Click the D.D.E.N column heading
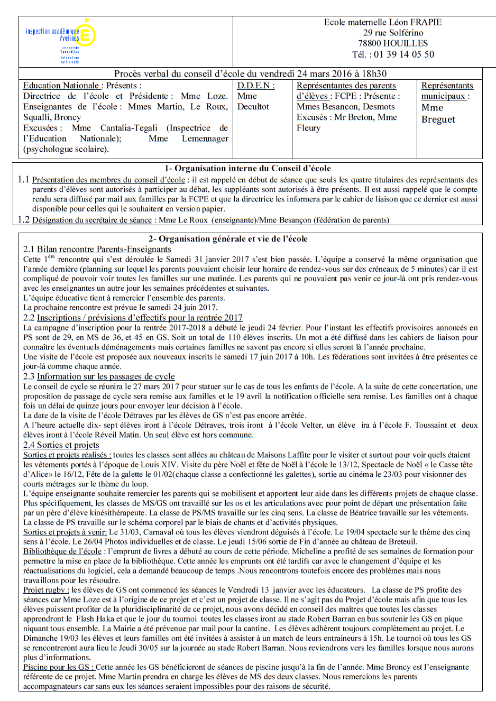256,86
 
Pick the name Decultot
253,107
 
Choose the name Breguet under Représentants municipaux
438,119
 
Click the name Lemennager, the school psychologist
205,139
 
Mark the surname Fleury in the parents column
308,128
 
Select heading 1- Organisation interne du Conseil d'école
247,169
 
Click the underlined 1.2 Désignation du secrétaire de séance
91,220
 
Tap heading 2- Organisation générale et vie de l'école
228,239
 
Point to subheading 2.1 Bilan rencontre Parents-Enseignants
97,249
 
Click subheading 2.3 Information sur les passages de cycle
99,376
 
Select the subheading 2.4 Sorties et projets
61,445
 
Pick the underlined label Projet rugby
44,590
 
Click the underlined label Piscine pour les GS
58,667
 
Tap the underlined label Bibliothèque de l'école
62,551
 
